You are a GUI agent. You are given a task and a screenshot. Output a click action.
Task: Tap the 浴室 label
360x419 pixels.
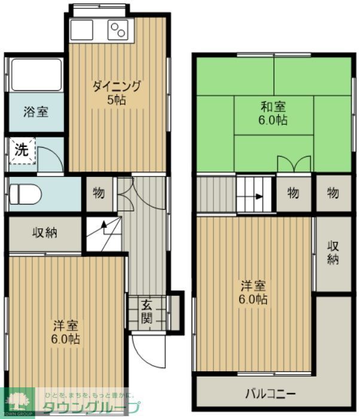point(36,111)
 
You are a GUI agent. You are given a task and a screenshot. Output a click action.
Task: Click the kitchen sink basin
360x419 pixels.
point(81,29)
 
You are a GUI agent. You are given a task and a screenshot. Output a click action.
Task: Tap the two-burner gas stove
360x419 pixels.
point(118,29)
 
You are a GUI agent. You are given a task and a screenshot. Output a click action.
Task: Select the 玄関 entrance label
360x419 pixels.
point(147,311)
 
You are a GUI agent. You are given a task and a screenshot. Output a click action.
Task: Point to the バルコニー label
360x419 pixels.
point(270,394)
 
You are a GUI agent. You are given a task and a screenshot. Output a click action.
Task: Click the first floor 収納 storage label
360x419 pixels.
point(45,233)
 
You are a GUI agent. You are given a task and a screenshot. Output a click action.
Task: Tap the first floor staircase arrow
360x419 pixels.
point(103,227)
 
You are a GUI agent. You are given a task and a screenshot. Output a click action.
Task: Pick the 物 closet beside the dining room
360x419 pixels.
point(99,193)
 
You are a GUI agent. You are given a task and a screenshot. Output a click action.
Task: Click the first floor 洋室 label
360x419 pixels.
point(66,332)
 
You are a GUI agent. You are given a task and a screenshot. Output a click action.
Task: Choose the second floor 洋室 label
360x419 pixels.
point(254,292)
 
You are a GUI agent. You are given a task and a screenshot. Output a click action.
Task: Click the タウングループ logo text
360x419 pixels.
point(90,408)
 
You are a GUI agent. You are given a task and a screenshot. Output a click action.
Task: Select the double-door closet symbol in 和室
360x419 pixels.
point(294,163)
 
